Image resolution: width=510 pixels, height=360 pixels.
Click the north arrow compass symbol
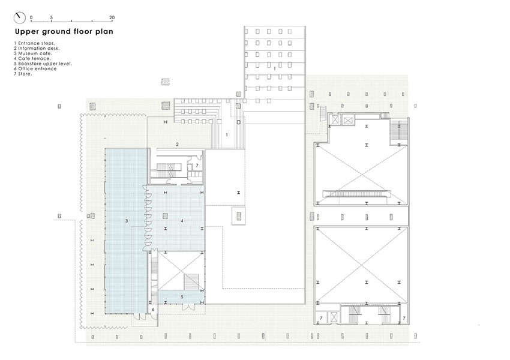20,18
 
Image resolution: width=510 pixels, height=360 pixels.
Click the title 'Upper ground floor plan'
64,32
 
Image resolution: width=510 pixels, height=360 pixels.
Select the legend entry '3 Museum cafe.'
33,53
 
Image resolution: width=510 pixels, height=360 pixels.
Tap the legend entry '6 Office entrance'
35,68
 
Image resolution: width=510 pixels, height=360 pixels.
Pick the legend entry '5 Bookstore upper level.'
43,64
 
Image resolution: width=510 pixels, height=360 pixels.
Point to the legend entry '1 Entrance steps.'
34,43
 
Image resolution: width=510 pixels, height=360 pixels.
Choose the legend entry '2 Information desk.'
37,48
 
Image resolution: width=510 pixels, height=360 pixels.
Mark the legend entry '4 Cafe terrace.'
32,59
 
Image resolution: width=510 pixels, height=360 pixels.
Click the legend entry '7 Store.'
23,74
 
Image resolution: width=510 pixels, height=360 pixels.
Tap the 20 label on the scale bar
112,17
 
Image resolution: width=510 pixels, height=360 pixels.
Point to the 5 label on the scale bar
52,17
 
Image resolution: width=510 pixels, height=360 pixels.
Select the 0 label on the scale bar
31,17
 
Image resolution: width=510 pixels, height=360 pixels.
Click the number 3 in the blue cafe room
127,221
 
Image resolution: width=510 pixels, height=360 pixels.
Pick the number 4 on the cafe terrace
182,221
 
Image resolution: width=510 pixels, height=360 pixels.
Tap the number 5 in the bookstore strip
182,296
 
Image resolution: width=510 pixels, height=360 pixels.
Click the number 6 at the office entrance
153,310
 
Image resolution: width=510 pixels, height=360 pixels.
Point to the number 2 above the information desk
177,145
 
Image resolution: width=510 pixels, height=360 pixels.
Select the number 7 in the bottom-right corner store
404,318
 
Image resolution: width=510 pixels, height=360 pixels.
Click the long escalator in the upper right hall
357,194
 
